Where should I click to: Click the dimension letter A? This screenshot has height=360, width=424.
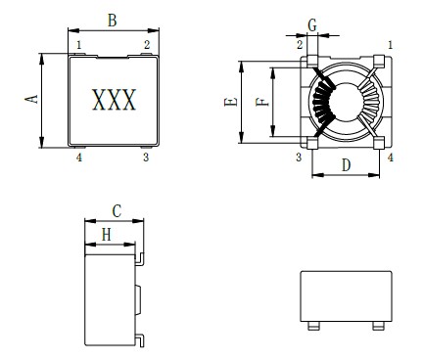(32, 100)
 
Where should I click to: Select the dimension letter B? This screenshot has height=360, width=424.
(112, 21)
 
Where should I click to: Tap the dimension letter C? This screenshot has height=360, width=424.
(117, 211)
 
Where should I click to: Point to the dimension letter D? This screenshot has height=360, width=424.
(346, 165)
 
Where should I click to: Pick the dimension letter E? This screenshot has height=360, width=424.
(231, 102)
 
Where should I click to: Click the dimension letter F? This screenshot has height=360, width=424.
(262, 102)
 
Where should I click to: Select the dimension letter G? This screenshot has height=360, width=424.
(312, 25)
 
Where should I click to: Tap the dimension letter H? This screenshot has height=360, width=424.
(107, 235)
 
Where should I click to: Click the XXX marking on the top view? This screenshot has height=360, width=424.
(114, 100)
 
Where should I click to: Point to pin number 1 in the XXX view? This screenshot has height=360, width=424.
(79, 45)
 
